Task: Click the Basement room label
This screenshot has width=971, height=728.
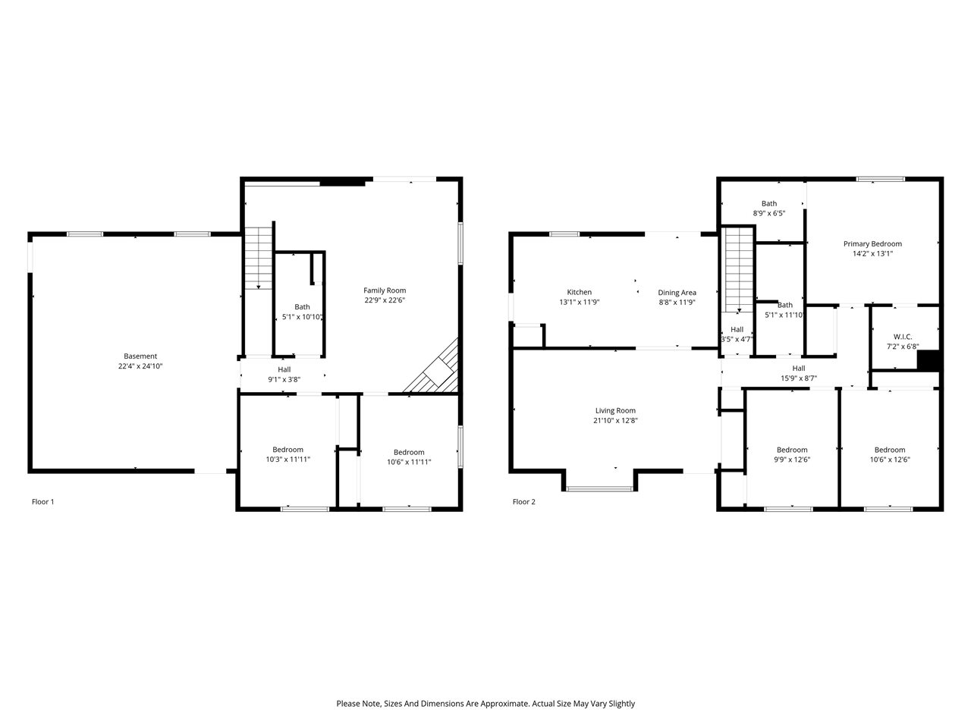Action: (x=140, y=356)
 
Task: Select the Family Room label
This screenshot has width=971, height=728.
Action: (x=385, y=290)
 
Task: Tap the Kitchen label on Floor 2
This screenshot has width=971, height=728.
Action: (x=579, y=292)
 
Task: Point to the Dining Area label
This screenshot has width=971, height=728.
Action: (x=677, y=293)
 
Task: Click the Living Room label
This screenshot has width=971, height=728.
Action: (x=615, y=410)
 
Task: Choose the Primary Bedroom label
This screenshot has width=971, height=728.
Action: (x=872, y=244)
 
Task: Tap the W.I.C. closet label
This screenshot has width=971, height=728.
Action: (x=902, y=337)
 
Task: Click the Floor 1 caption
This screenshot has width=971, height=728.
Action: (x=42, y=502)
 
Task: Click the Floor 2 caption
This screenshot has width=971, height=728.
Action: (x=523, y=502)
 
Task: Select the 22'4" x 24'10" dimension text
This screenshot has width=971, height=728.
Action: (x=140, y=366)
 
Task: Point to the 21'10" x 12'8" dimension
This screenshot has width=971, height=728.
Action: (x=615, y=420)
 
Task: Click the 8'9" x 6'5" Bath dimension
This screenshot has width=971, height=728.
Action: (x=768, y=213)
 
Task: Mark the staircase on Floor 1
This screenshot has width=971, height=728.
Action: (x=259, y=258)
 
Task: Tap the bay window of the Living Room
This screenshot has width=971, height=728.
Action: (x=599, y=488)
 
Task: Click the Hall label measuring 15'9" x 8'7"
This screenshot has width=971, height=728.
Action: (x=798, y=369)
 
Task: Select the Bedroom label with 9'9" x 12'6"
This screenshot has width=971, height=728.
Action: (x=791, y=450)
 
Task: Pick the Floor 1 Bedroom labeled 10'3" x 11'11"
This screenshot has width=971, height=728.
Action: (x=288, y=450)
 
